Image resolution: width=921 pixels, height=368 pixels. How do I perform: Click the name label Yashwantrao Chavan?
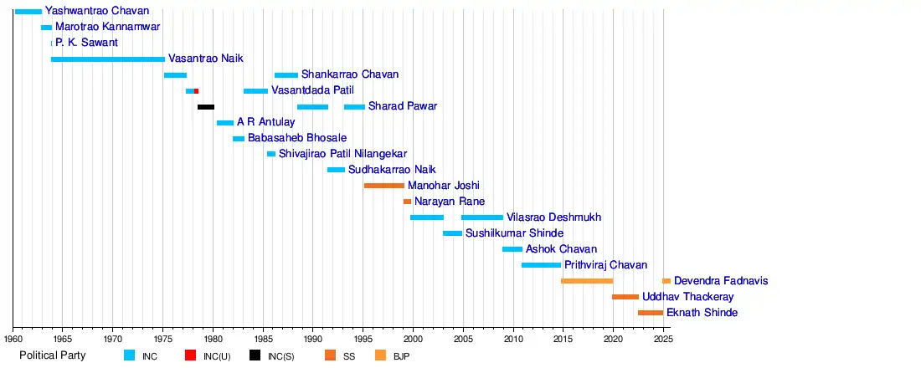[x=97, y=11]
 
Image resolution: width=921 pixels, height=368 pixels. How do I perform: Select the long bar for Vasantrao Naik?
[x=107, y=59]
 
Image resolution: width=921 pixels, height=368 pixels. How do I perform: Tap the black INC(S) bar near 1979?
[x=206, y=107]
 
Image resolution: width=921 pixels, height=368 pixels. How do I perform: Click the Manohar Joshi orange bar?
[x=383, y=186]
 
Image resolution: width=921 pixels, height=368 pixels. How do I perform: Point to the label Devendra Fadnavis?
[x=721, y=281]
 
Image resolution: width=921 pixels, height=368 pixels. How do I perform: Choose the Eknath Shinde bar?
[x=651, y=313]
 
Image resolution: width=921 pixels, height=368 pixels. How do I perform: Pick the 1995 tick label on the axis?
[x=363, y=339]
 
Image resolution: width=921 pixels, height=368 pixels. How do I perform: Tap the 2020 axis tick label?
[x=613, y=339]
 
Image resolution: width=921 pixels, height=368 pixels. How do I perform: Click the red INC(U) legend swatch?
[x=191, y=355]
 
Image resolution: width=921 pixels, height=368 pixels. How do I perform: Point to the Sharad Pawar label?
[x=403, y=106]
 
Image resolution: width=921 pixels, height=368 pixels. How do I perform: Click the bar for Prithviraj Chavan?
[x=541, y=265]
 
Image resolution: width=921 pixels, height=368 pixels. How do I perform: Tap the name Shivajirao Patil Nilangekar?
[x=342, y=154]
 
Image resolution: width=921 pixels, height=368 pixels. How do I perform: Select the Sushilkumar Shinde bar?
[x=452, y=233]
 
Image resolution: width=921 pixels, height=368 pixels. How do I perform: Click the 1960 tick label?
[x=13, y=339]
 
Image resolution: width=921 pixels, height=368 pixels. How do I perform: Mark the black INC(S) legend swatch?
[x=255, y=355]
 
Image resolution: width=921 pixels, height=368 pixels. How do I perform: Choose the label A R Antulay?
[x=266, y=122]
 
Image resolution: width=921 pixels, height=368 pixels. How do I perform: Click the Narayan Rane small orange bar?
[x=407, y=202]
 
